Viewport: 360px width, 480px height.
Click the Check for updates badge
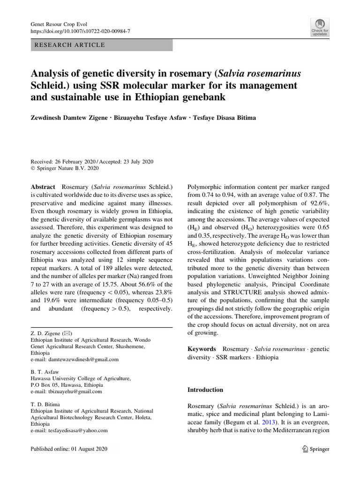(x=319, y=28)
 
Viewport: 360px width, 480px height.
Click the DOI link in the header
(x=80, y=31)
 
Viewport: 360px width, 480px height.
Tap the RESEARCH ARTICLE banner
(x=101, y=45)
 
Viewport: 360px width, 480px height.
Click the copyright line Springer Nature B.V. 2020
(x=67, y=167)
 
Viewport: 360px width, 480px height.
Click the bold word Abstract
(x=43, y=186)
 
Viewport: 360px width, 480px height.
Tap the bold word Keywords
(x=202, y=349)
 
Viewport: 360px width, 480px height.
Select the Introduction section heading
(x=205, y=390)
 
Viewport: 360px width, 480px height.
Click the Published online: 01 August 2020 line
(x=69, y=449)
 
